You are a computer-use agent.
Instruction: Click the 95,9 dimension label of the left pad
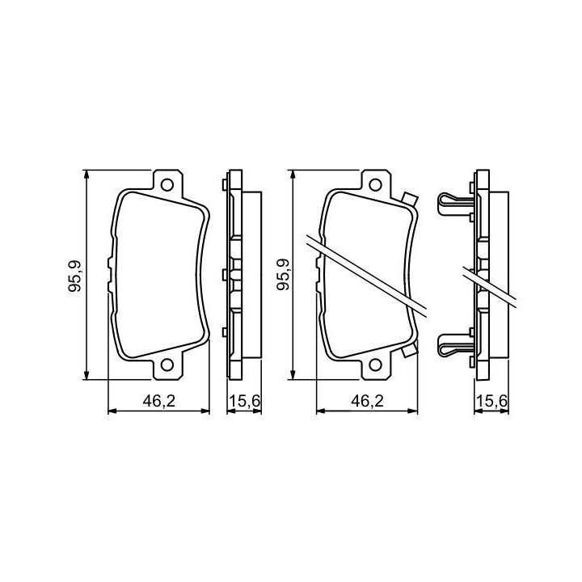coord(75,276)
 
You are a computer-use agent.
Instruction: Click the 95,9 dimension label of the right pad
coord(284,274)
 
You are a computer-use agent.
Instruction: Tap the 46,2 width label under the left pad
coord(159,401)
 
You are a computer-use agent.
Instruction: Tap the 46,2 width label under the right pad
coord(368,401)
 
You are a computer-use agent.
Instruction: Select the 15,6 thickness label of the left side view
coord(245,401)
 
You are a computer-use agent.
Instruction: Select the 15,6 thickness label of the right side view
coord(491,401)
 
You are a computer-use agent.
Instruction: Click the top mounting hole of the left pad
coord(167,184)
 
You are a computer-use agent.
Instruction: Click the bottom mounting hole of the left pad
coord(167,365)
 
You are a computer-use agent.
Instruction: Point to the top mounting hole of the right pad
coord(375,184)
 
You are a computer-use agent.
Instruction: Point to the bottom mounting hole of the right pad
coord(375,365)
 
